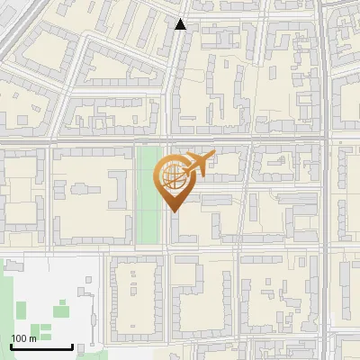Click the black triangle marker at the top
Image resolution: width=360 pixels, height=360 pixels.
pyautogui.click(x=181, y=24)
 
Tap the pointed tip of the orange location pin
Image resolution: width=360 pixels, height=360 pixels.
pyautogui.click(x=173, y=210)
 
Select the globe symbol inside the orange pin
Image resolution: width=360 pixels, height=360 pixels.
pyautogui.click(x=171, y=174)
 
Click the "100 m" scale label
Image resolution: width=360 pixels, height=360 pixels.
pyautogui.click(x=24, y=337)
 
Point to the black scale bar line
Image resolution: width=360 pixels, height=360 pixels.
pyautogui.click(x=41, y=347)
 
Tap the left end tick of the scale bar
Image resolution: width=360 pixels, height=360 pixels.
pyautogui.click(x=11, y=346)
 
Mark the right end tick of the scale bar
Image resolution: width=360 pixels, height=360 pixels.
pyautogui.click(x=72, y=346)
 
